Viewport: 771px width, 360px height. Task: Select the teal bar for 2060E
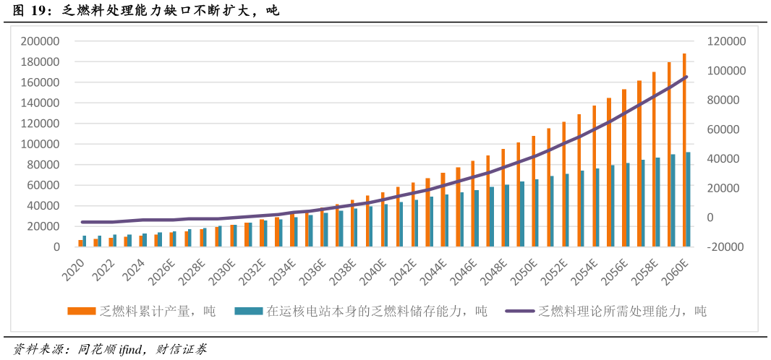(x=688, y=200)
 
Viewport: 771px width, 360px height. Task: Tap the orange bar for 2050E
(x=533, y=192)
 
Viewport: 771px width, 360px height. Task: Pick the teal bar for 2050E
(x=537, y=213)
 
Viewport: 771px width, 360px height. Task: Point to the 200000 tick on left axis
(x=40, y=41)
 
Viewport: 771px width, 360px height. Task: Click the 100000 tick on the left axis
(x=40, y=144)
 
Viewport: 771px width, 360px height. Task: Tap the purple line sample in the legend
(x=519, y=311)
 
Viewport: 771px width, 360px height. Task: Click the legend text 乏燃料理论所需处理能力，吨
(x=622, y=311)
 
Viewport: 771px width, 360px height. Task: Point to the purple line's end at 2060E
(x=686, y=77)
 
